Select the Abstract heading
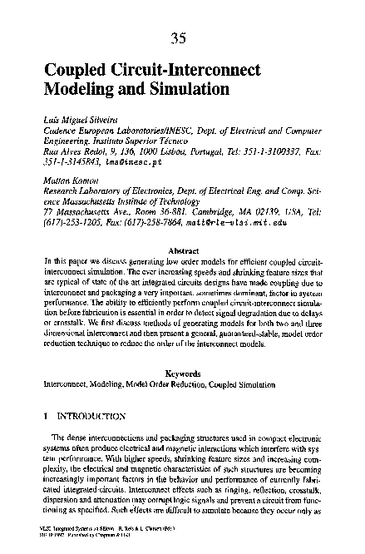(x=182, y=250)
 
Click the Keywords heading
(x=182, y=373)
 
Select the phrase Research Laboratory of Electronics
(x=99, y=191)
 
